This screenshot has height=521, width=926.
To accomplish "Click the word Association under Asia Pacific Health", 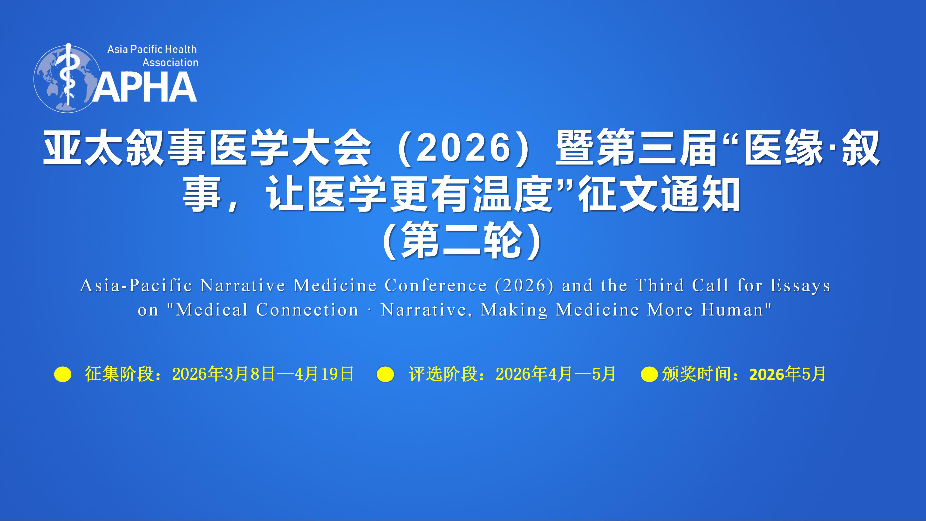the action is tap(170, 62).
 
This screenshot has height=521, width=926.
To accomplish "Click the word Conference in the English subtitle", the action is tap(436, 286).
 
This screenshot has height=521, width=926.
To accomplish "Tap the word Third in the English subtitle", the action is tap(660, 286).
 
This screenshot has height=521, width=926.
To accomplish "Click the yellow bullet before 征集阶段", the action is tap(63, 374).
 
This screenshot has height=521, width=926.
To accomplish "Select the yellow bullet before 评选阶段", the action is tap(385, 374).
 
